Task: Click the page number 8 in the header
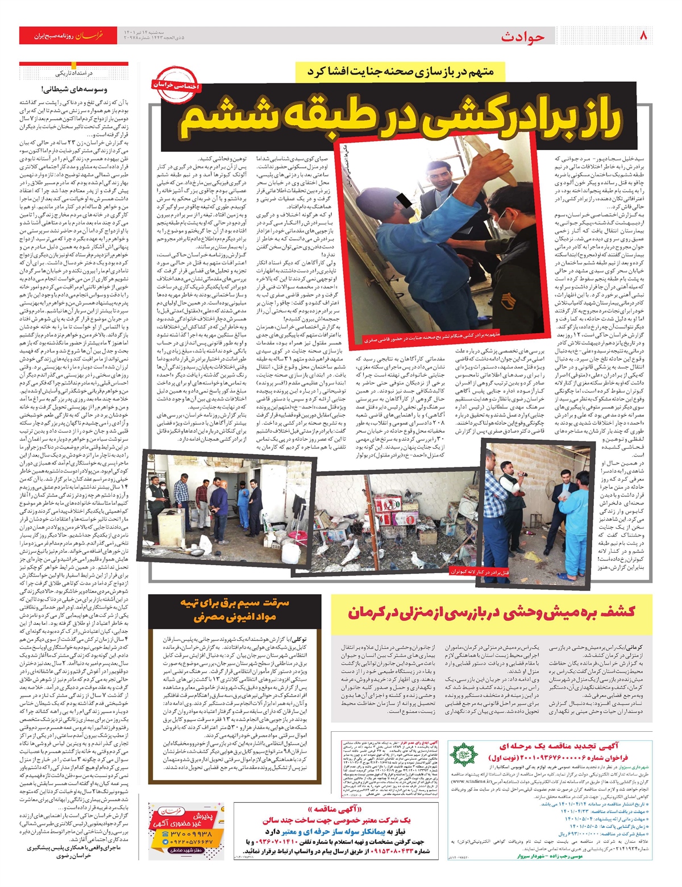tap(643, 36)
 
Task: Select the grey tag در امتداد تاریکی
tap(74, 73)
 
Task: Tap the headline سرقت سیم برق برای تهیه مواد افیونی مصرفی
tap(235, 609)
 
